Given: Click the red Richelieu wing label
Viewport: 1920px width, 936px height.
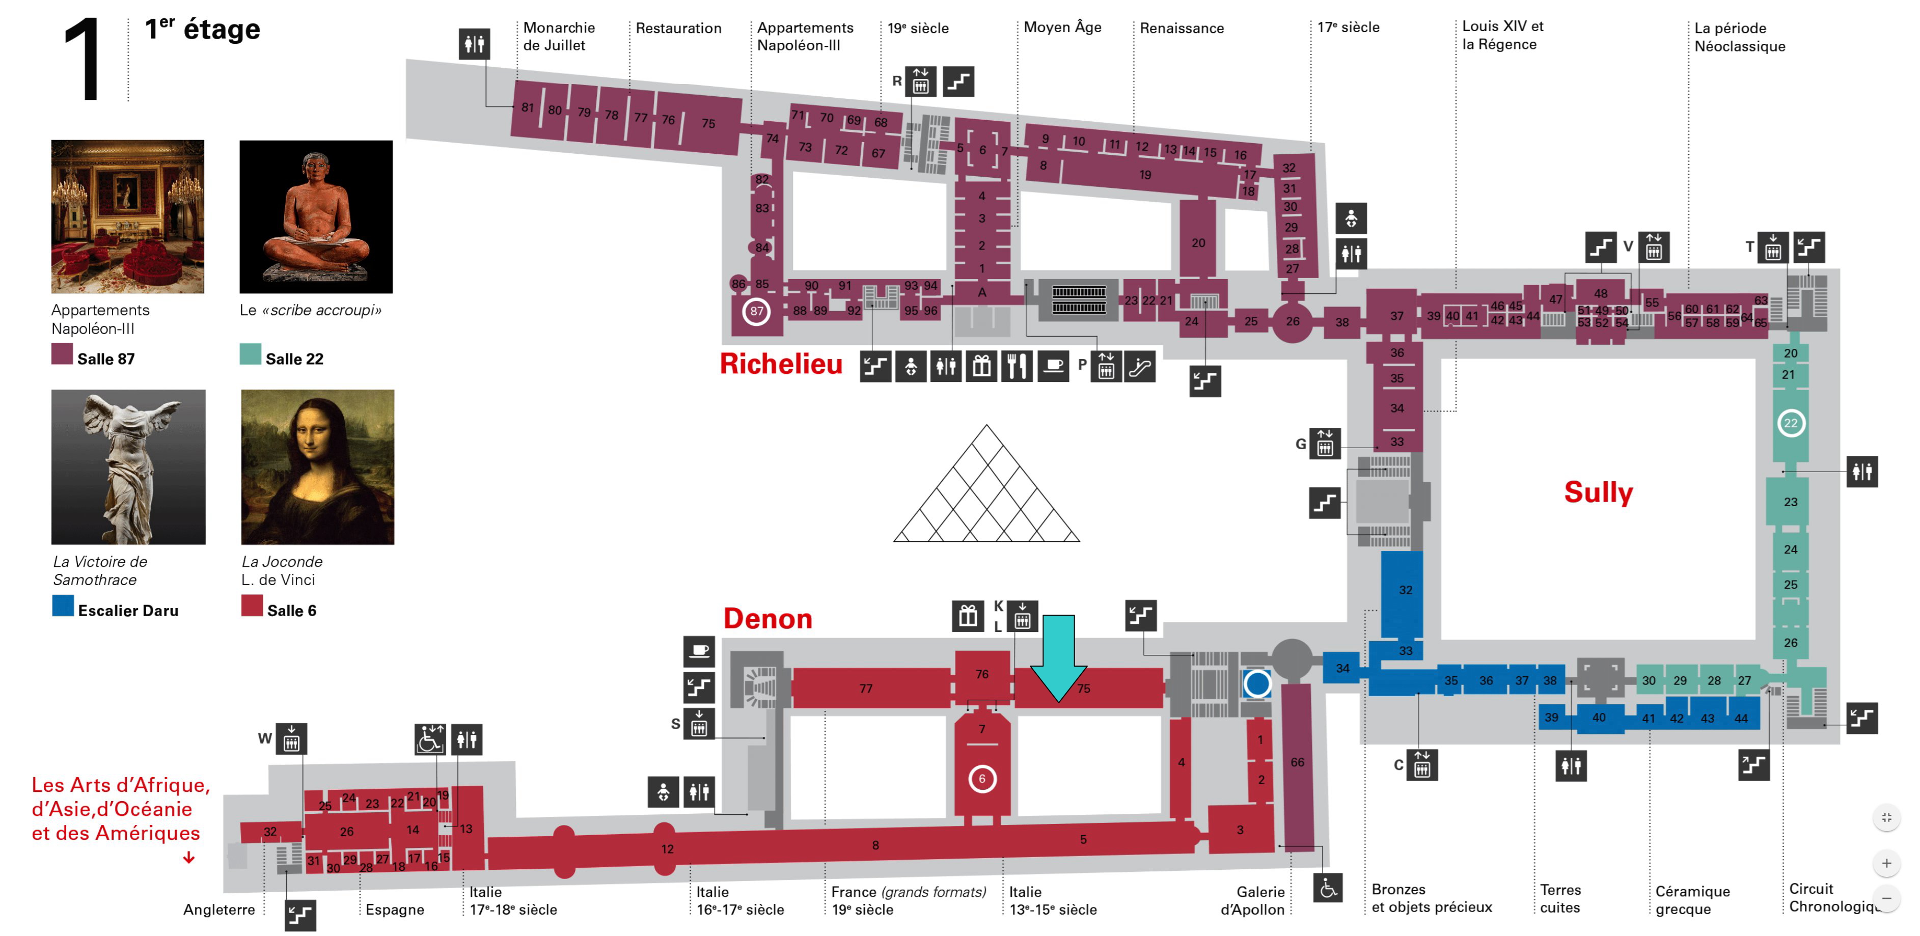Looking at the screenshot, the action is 781,364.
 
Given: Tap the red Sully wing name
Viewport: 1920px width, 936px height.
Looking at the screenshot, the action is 1598,492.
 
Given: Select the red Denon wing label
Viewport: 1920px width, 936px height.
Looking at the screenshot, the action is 767,619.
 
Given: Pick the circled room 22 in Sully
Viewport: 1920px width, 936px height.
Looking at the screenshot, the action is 1790,423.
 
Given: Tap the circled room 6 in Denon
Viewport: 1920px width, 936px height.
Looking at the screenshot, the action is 981,779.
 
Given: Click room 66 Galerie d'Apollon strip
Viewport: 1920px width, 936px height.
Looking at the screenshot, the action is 1298,766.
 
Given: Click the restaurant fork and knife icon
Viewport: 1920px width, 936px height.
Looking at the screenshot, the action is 1017,366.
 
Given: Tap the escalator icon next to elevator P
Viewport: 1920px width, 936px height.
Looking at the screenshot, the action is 1140,366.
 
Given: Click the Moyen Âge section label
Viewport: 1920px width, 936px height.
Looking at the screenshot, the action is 1062,27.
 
